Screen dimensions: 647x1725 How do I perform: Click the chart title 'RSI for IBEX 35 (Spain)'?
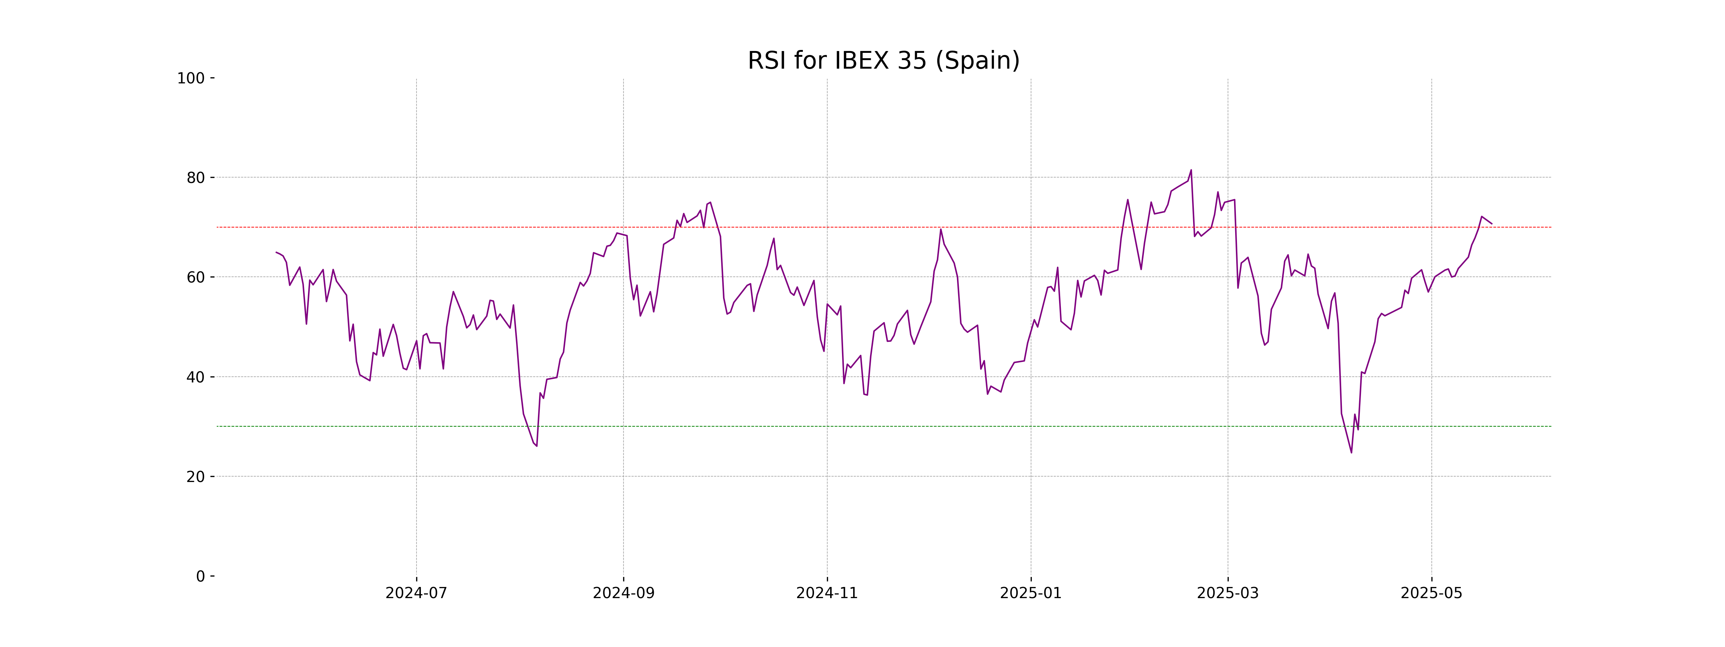883,61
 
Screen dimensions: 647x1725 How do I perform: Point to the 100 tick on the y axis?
191,78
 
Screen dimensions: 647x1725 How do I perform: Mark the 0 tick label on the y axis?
200,577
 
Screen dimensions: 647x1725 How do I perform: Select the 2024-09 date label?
624,593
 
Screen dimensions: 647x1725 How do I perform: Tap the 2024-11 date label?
827,593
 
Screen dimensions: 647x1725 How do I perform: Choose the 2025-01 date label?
1031,593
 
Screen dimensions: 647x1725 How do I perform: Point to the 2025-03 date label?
1228,593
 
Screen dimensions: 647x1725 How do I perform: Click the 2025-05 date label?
1432,593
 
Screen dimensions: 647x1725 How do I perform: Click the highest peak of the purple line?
1191,170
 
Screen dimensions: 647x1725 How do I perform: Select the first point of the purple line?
276,252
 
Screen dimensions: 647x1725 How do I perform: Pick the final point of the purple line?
1491,224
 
